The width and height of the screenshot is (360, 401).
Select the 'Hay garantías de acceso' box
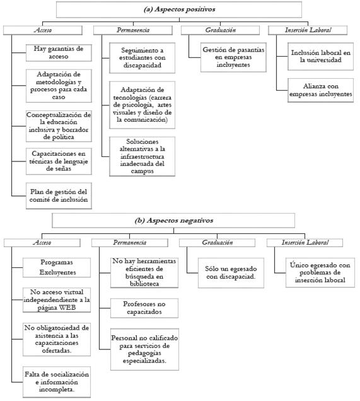coord(57,53)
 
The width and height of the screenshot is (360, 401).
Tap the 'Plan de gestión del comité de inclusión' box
coord(57,195)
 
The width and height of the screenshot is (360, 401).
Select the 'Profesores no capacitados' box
coord(142,308)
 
